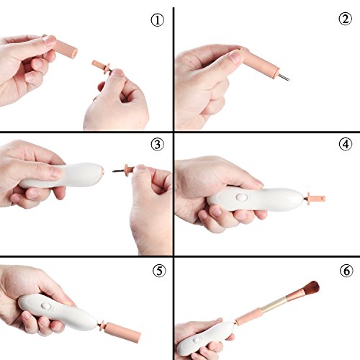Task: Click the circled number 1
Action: pyautogui.click(x=158, y=20)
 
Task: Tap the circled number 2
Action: pyautogui.click(x=346, y=19)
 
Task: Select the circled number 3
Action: pyautogui.click(x=158, y=145)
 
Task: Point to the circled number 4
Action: pyautogui.click(x=346, y=144)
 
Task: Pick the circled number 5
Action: pyautogui.click(x=159, y=271)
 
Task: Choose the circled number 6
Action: pyautogui.click(x=346, y=271)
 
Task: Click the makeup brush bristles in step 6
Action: pyautogui.click(x=310, y=289)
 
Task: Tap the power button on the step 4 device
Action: pyautogui.click(x=241, y=197)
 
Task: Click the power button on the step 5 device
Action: pyautogui.click(x=46, y=306)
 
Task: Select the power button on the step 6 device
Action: pyautogui.click(x=197, y=340)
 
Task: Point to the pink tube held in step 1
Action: pyautogui.click(x=64, y=46)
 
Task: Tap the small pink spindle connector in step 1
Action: pyautogui.click(x=102, y=66)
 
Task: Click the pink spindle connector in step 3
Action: pyautogui.click(x=129, y=168)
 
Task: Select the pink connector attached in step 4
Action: pyautogui.click(x=316, y=198)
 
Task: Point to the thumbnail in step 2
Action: pyautogui.click(x=235, y=57)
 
